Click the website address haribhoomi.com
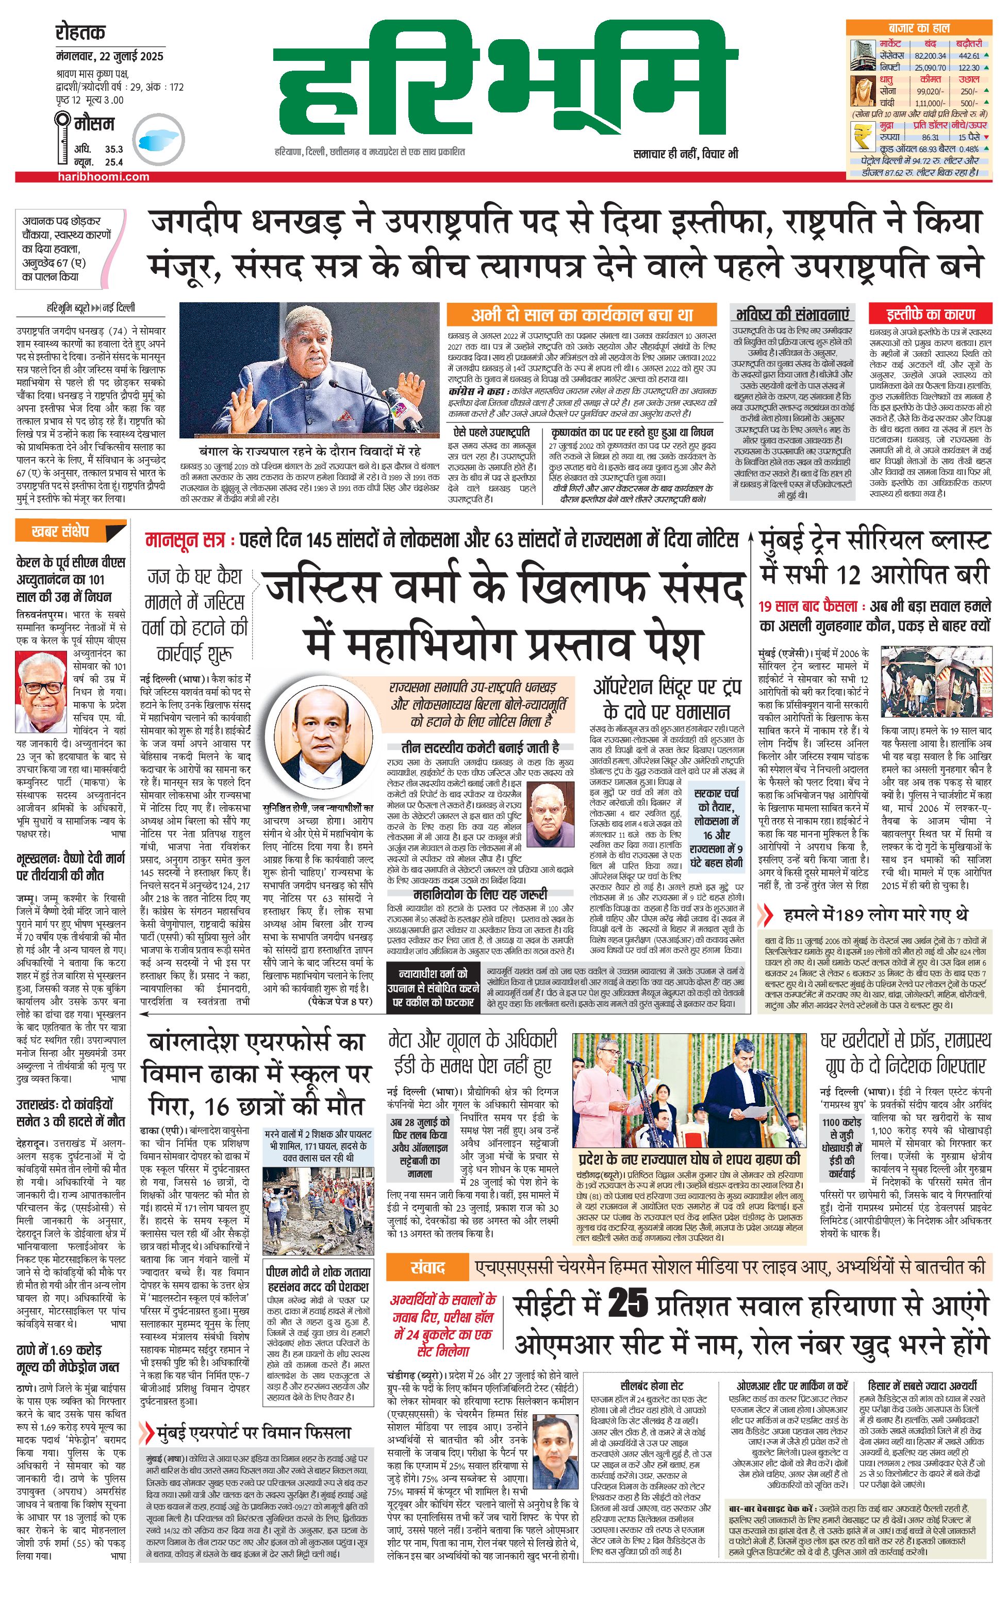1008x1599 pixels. (x=103, y=176)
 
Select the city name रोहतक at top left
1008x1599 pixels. (x=80, y=32)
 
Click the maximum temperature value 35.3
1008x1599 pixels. (x=113, y=150)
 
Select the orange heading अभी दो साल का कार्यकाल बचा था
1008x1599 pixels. (x=581, y=315)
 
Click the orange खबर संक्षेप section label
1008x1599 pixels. (x=60, y=531)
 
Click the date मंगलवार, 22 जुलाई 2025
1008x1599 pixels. (x=109, y=56)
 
